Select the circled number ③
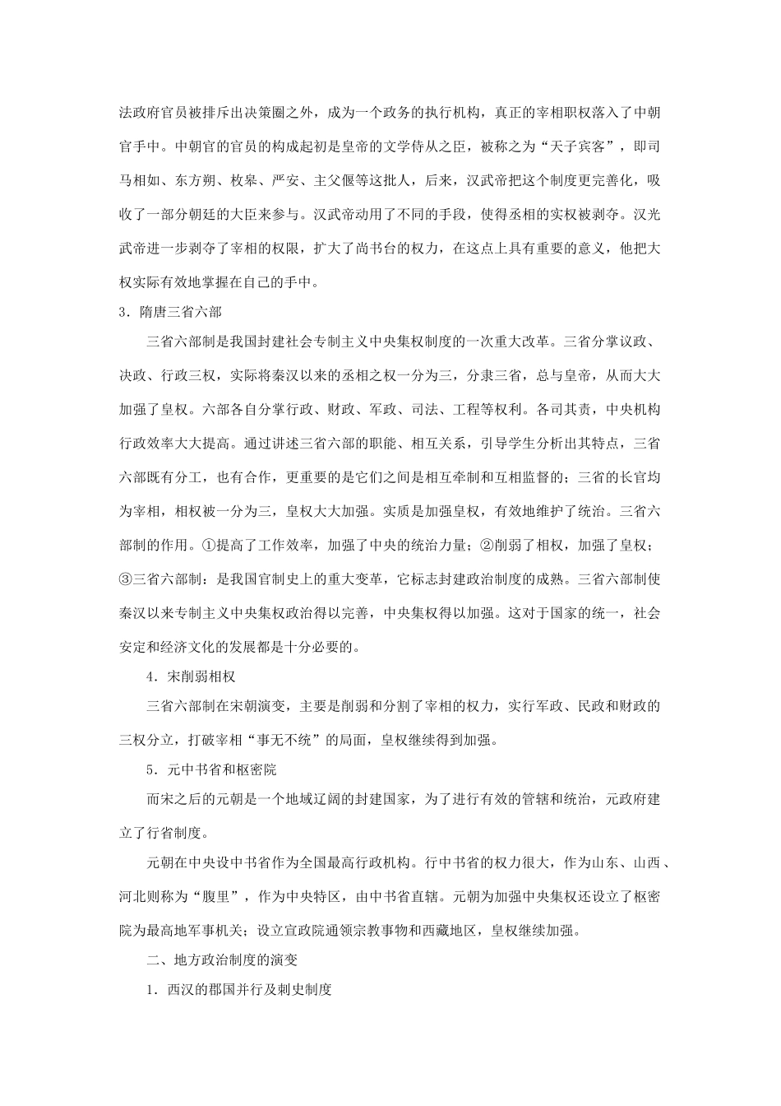tap(126, 579)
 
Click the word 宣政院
tap(292, 932)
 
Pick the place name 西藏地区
tap(455, 932)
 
